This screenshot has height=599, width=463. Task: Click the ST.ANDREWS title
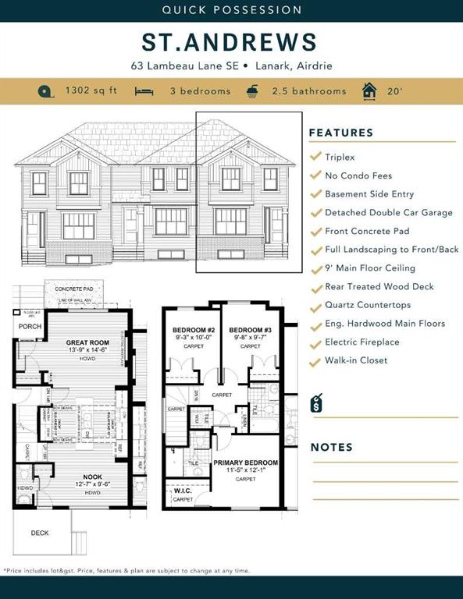230,42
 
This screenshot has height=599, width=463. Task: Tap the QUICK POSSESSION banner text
231,10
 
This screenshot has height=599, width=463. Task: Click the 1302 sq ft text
91,91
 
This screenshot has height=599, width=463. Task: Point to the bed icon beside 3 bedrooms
143,91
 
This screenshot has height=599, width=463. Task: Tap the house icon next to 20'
369,91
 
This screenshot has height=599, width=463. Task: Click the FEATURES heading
341,133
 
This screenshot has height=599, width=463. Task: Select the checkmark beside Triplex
315,157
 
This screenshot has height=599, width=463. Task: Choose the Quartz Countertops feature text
368,305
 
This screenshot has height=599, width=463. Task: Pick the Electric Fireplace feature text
361,342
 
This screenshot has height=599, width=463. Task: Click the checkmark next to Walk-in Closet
315,360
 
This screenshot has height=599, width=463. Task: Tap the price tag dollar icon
316,402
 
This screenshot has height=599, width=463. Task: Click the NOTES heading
332,447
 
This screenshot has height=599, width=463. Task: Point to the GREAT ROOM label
86,342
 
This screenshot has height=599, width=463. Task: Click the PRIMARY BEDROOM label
245,463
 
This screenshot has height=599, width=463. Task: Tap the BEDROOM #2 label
193,330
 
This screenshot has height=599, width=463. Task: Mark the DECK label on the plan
39,533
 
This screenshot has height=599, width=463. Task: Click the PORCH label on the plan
30,327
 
